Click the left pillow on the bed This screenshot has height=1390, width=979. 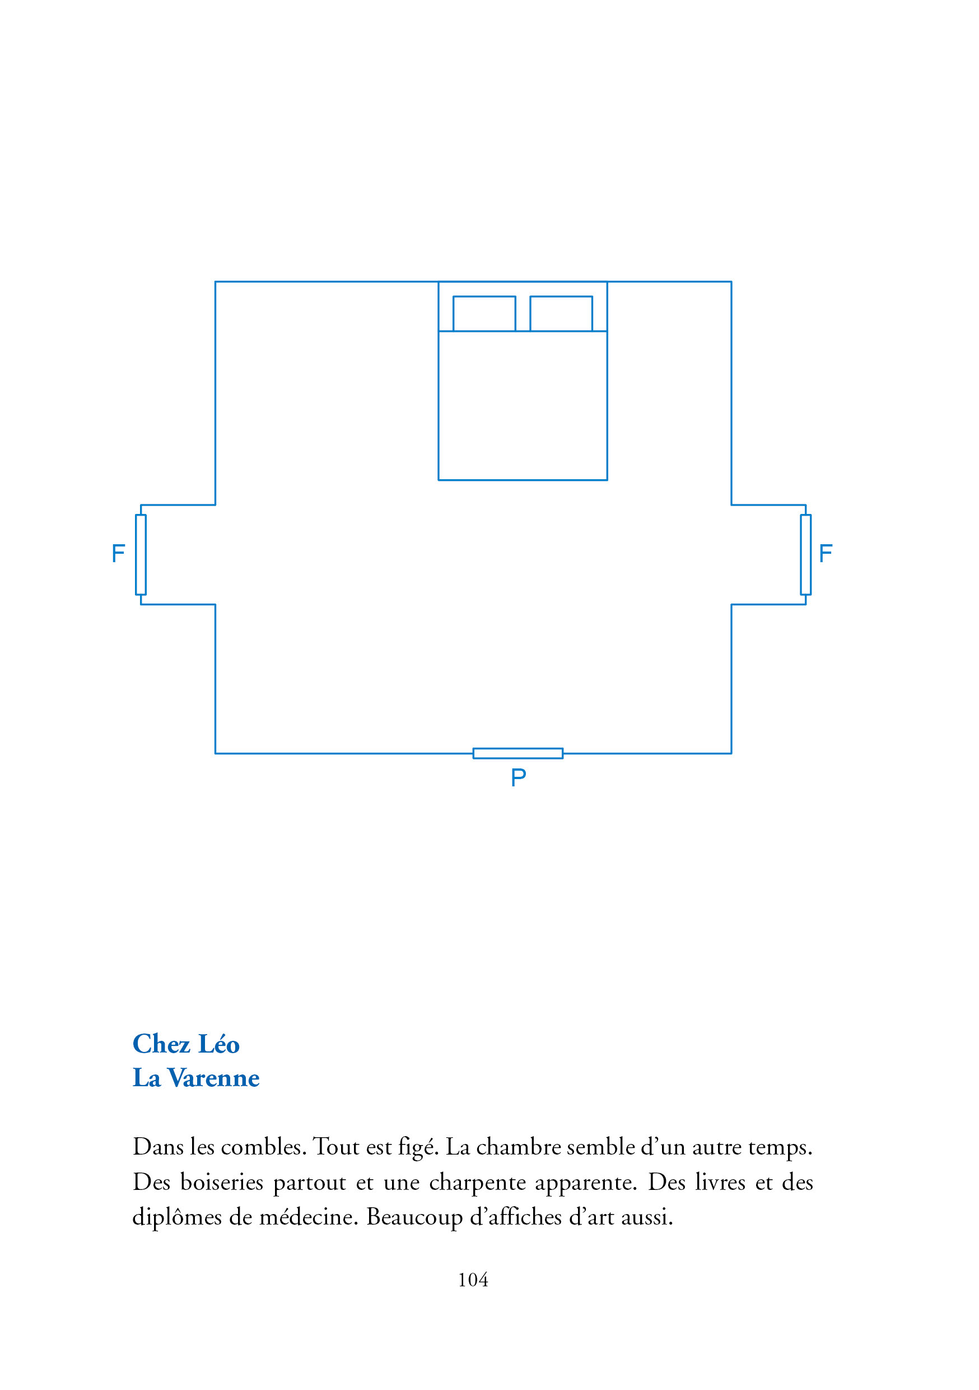tap(484, 314)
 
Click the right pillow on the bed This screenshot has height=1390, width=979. tap(561, 314)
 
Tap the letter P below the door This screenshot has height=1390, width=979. tap(519, 777)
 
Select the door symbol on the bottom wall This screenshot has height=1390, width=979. tap(518, 753)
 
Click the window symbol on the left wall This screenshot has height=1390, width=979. tap(141, 554)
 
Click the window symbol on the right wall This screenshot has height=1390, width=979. tap(805, 554)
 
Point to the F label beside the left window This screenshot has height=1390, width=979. tap(119, 553)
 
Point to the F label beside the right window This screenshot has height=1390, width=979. tap(826, 553)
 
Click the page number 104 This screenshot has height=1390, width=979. tap(473, 1280)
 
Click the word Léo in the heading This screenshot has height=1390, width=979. tap(219, 1044)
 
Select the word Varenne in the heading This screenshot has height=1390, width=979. tap(213, 1078)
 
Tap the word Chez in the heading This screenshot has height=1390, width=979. tap(161, 1044)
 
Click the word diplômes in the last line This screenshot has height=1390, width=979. tap(176, 1217)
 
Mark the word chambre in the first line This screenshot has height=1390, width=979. tap(519, 1147)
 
